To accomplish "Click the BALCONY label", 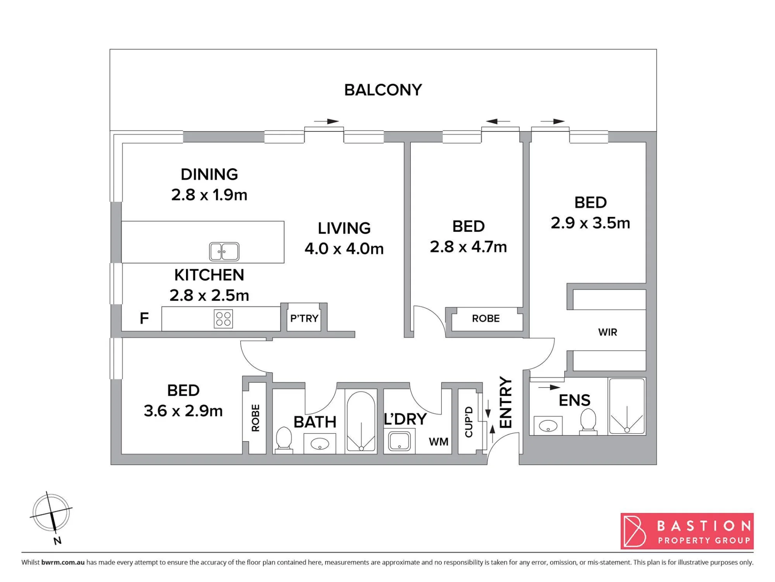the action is coord(383,90).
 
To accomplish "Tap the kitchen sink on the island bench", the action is coord(224,251).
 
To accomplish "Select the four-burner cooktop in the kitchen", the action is coord(224,319).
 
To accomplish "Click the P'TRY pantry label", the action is coord(304,318).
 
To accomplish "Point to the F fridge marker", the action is coord(144,318).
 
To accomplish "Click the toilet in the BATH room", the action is coord(284,440).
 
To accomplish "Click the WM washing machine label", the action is coord(438,442).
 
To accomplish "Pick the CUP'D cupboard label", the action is coord(468,422).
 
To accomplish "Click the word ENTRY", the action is coord(506,403).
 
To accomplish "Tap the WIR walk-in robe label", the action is coord(607,332).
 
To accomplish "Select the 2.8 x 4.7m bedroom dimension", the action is coord(468,247).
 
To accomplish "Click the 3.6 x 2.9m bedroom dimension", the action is coord(183,411).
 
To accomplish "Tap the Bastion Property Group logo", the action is coord(687,531).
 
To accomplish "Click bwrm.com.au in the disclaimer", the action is coord(63,562).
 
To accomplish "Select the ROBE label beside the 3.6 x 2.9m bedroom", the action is coord(255,418).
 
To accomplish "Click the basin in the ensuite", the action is coord(548,426).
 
